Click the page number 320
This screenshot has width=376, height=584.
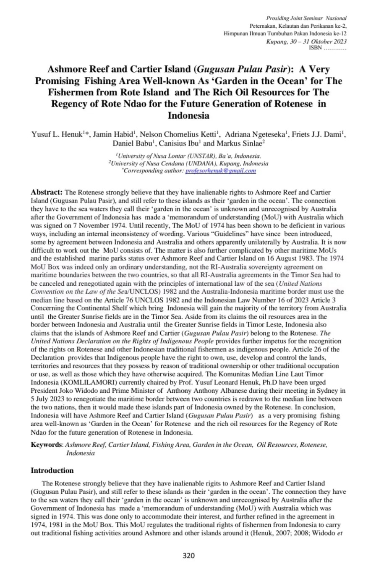(188, 556)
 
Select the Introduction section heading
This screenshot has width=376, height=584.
(52, 470)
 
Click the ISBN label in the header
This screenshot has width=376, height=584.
(315, 48)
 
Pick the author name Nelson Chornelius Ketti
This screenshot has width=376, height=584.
(178, 135)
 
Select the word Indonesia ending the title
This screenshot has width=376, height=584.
(188, 115)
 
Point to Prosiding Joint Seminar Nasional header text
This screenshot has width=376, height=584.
(306, 18)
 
